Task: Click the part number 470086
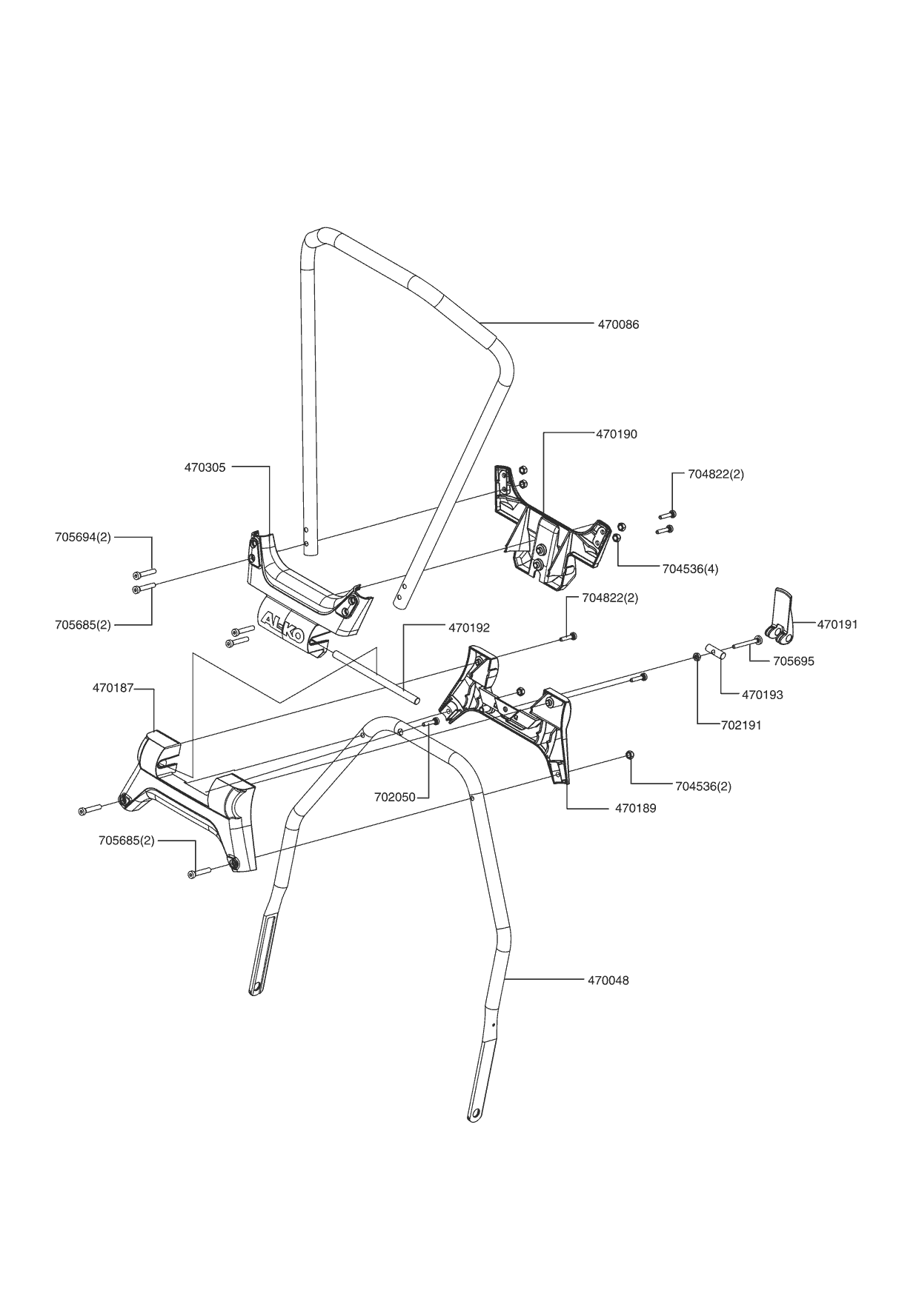(618, 324)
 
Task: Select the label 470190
(617, 434)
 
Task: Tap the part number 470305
(205, 467)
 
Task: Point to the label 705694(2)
(83, 537)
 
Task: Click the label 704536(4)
(690, 569)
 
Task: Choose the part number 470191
(837, 624)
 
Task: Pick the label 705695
(794, 661)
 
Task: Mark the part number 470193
(763, 695)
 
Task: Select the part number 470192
(469, 628)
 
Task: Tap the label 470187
(113, 688)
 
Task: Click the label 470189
(636, 808)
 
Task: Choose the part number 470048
(608, 981)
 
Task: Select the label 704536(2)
(703, 786)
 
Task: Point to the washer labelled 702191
(697, 656)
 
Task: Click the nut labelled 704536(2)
(629, 755)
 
